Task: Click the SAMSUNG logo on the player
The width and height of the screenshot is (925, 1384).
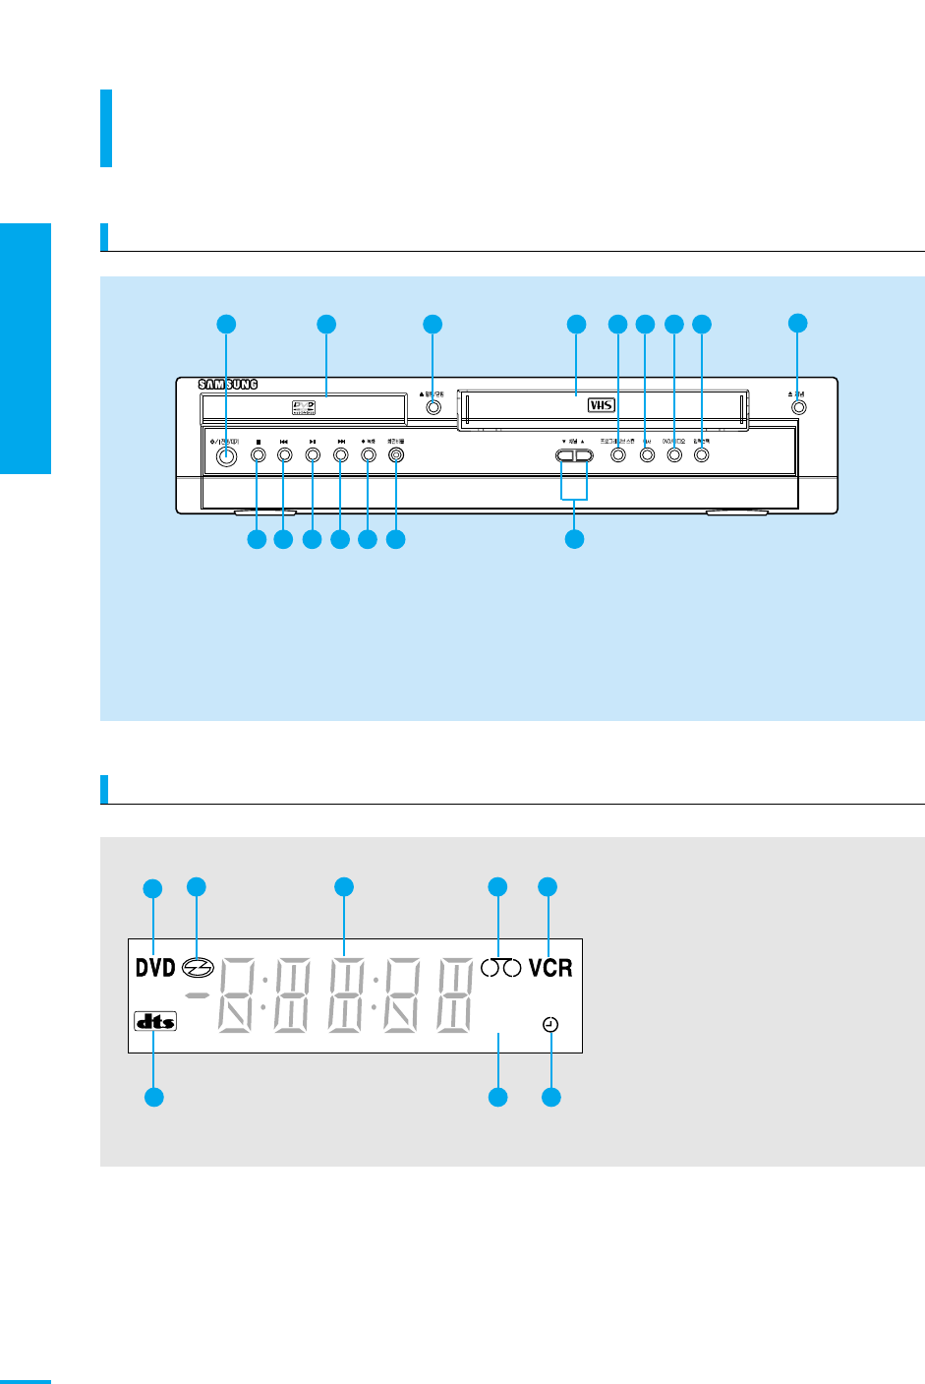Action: click(227, 385)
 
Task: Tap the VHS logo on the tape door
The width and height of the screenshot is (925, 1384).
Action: click(601, 404)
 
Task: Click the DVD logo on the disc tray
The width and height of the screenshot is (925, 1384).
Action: click(303, 405)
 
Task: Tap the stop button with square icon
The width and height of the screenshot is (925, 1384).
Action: click(258, 455)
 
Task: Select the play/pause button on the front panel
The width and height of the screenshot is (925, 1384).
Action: click(312, 455)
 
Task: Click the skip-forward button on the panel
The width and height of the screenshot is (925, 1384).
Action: click(340, 455)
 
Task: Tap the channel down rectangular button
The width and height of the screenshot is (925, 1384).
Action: click(565, 456)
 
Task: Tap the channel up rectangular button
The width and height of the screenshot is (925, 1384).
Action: click(585, 456)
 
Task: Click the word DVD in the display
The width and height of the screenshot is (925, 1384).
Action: click(155, 968)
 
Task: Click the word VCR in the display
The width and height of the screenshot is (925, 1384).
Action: click(550, 968)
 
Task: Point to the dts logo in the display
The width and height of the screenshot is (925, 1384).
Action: click(155, 1021)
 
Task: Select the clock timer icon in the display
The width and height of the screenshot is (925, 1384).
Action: click(550, 1025)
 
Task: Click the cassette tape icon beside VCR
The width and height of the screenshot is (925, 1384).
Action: click(500, 968)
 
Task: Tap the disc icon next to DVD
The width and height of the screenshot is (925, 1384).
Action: click(198, 968)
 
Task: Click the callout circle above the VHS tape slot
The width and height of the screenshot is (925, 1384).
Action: click(576, 324)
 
